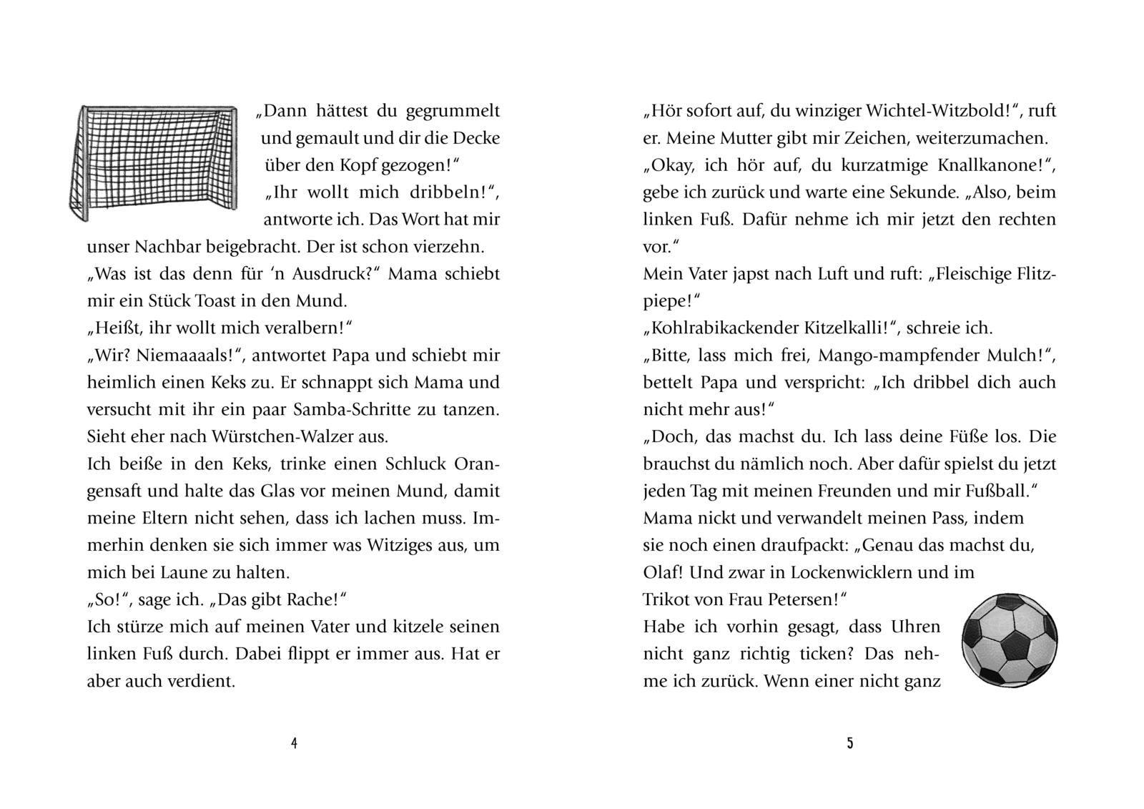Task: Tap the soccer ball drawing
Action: [1010, 637]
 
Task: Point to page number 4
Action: [294, 743]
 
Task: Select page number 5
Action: [849, 743]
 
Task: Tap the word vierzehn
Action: [449, 247]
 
